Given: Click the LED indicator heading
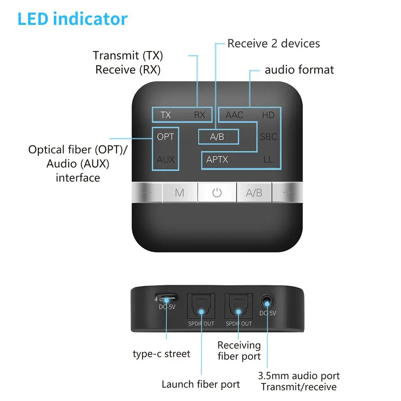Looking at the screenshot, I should point(73,19).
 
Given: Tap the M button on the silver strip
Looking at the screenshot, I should point(179,193).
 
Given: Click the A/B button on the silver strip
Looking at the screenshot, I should point(254,193).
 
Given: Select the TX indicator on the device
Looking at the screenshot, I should point(166,115).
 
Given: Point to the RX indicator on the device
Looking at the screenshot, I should point(200,115).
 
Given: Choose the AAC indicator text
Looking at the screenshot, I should point(234,115).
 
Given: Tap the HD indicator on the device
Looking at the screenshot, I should point(268,115).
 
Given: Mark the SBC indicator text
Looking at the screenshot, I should point(268,137).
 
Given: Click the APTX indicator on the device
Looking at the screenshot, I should point(217,160).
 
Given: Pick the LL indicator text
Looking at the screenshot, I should point(268,160).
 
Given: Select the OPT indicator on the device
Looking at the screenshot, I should point(166,137).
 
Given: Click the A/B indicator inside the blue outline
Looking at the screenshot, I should point(217,137).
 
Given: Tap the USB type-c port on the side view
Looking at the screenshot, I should point(166,298).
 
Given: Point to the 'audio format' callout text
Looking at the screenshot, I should point(299,70).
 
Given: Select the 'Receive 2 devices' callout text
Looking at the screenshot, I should point(274,43).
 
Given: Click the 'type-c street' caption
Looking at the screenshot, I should point(162,353).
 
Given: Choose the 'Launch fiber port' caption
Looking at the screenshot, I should point(200,384).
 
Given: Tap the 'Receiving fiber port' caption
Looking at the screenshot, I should point(239,351).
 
